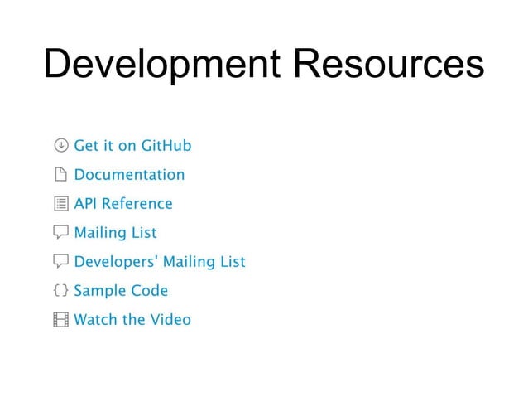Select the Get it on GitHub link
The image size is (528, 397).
coord(132,146)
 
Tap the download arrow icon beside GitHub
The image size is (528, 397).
coord(60,146)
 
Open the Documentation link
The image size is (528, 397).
coord(129,175)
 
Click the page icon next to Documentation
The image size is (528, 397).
coord(60,175)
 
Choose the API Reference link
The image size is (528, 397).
coord(123,204)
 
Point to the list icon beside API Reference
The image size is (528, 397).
coord(60,204)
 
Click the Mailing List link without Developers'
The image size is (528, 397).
coord(115,233)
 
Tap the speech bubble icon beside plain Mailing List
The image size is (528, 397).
coord(60,233)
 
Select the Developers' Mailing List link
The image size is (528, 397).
coord(160,262)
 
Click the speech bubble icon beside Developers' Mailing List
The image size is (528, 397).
coord(60,262)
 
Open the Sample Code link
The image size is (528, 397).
coord(121,291)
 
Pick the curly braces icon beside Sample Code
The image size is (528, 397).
coord(60,291)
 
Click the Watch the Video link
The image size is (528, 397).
coord(132,319)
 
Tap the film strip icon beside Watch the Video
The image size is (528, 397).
coord(60,320)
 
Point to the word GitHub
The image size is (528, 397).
coord(166,146)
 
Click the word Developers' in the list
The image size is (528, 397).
coord(116,262)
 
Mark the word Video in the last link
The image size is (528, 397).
coord(170,319)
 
